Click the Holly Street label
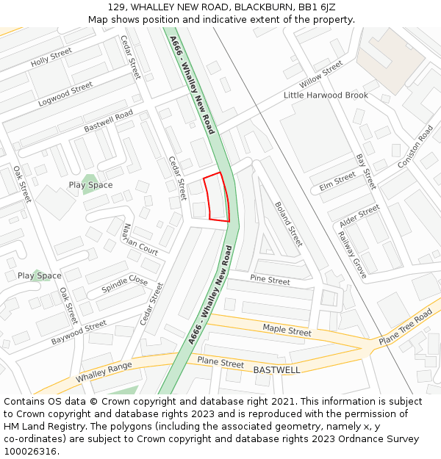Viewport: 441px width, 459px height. coord(51,57)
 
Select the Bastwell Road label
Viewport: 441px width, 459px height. coord(108,121)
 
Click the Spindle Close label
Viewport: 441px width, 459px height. coord(124,285)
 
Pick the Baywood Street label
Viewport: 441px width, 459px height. coord(79,333)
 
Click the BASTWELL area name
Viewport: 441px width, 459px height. coord(276,370)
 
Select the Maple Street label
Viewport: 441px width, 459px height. coord(287,331)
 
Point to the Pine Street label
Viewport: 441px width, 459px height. coord(270,280)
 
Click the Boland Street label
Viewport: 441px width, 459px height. coord(288,224)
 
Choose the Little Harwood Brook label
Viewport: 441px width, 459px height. coord(326,95)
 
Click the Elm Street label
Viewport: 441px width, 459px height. coord(337,182)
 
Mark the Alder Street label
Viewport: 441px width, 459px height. coord(359,215)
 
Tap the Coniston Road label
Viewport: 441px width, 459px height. coord(415,147)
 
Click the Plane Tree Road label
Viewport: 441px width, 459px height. coord(405,328)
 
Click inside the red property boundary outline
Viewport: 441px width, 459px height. coord(217,197)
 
